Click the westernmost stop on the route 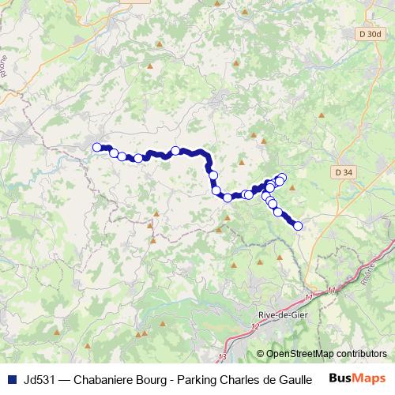click(x=97, y=147)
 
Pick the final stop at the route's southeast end click(x=299, y=226)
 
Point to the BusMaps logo click(x=359, y=378)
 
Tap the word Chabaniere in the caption click(x=106, y=378)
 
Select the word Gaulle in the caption click(x=292, y=378)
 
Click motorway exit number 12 click(x=254, y=325)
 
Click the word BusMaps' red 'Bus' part click(x=342, y=378)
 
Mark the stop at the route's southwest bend click(x=228, y=197)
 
